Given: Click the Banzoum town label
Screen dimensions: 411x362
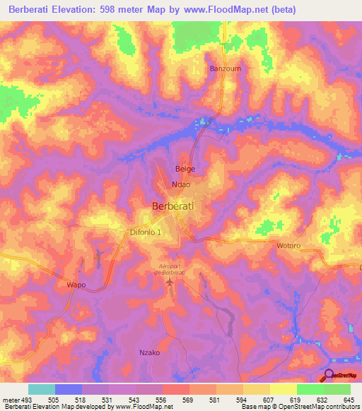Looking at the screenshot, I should pos(224,68).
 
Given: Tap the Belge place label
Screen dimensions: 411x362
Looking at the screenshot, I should pos(185,169).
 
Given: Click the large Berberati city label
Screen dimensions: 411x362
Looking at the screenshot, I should pos(174,206).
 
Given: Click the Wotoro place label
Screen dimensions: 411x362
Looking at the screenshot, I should pos(288,246).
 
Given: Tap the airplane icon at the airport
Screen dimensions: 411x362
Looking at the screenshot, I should pos(169,282).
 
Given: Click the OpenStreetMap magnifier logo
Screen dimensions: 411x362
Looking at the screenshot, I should pos(329,375).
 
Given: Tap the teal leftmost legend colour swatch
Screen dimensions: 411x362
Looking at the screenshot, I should pos(41,390).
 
